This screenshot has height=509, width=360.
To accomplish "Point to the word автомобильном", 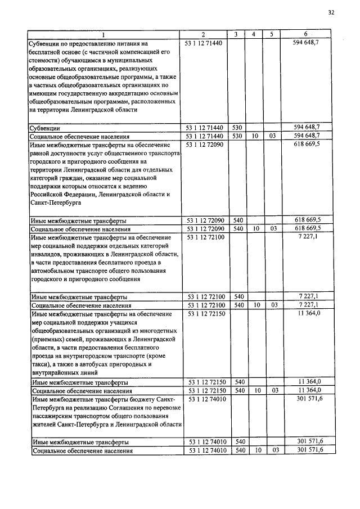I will tap(57, 271).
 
